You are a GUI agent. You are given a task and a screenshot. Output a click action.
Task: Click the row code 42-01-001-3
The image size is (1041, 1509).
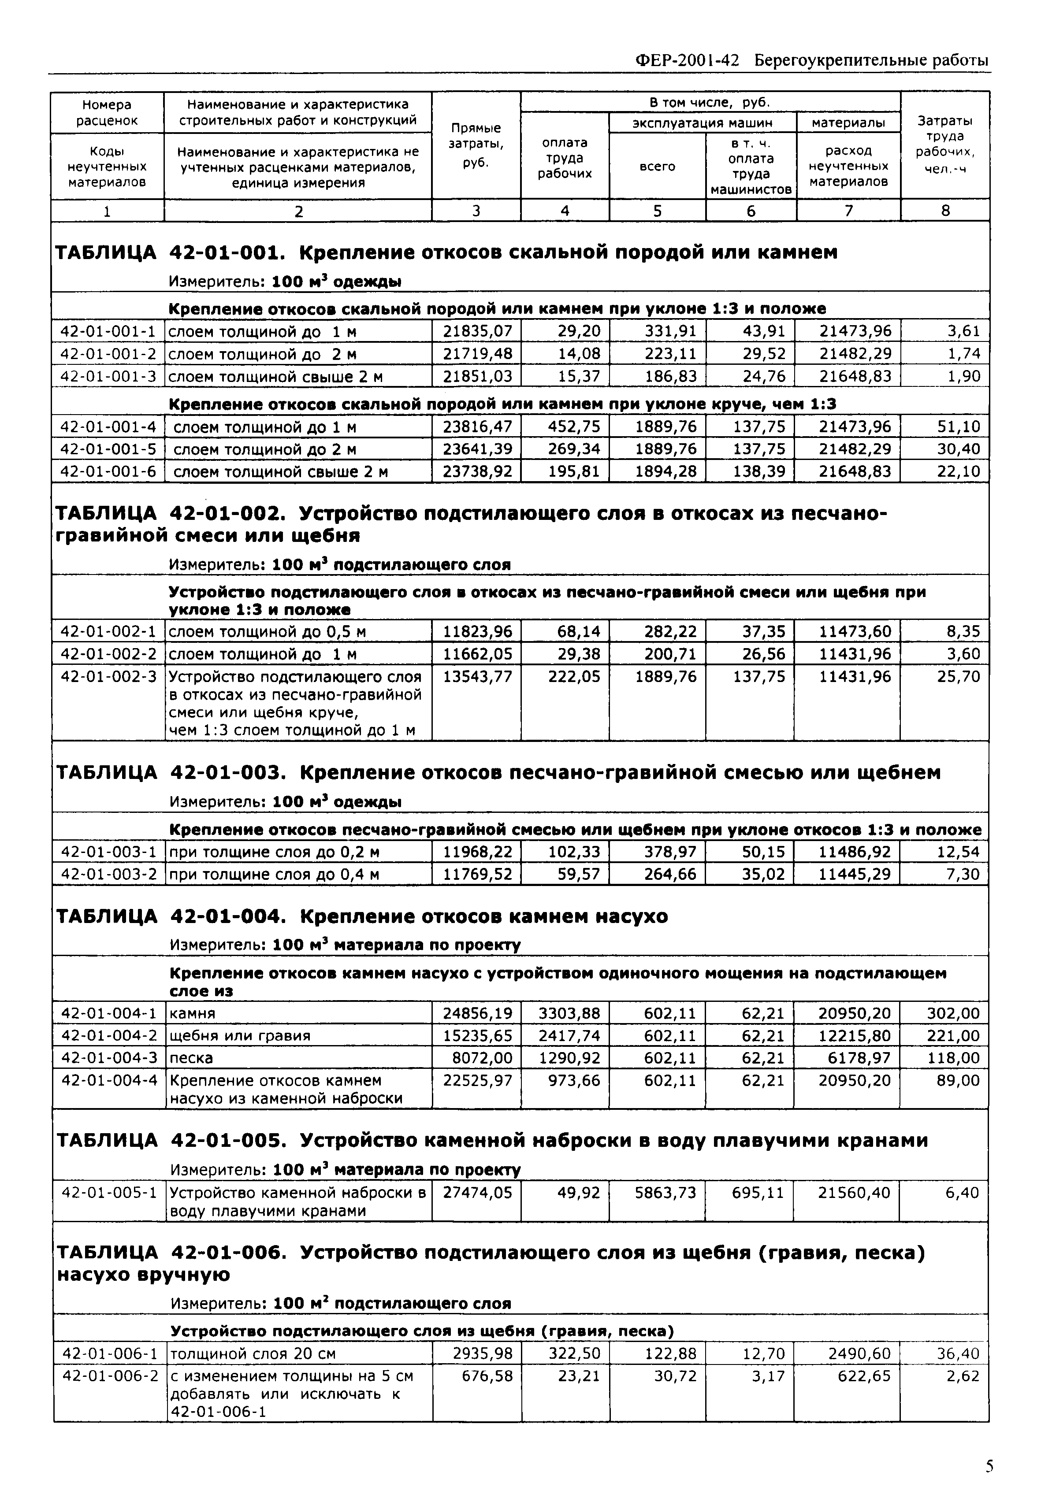click(x=108, y=376)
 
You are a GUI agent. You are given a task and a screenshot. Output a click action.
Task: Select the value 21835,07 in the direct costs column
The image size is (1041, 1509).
click(x=477, y=331)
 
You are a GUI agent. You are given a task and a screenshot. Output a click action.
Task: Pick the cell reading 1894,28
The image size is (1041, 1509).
click(x=666, y=471)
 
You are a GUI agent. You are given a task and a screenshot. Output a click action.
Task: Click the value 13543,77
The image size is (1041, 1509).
click(x=477, y=676)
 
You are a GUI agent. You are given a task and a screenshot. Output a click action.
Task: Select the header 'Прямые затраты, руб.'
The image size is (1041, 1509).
click(x=476, y=145)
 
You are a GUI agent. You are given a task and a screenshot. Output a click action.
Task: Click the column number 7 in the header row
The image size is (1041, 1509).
click(x=848, y=211)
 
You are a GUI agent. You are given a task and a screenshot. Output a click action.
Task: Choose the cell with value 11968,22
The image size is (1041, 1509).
click(x=477, y=852)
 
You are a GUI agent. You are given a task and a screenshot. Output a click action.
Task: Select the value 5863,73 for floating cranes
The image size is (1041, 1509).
click(x=665, y=1193)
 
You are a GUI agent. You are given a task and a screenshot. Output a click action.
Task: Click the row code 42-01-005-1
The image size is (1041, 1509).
click(x=109, y=1193)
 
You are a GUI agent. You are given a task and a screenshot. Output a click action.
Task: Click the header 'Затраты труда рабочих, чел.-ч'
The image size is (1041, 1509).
click(x=945, y=145)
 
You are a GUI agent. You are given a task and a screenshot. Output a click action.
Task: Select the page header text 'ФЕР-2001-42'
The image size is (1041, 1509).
click(x=687, y=61)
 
